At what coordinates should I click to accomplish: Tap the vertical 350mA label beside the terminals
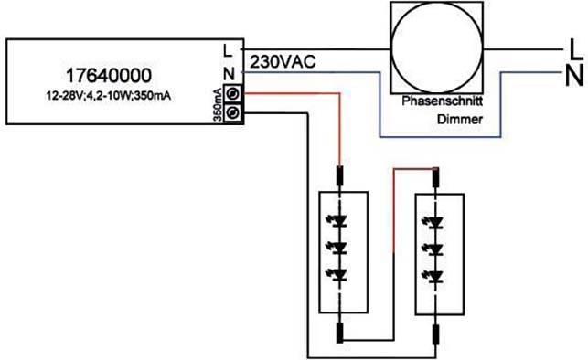point(218,103)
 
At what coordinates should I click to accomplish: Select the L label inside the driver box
point(229,50)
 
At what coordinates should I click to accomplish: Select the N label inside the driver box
point(229,72)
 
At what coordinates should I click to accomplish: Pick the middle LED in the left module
point(342,248)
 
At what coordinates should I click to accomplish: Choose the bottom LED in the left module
point(342,273)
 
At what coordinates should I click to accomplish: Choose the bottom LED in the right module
point(436,273)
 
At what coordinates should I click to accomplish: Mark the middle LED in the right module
point(436,248)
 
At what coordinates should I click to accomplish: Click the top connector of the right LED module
point(436,176)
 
